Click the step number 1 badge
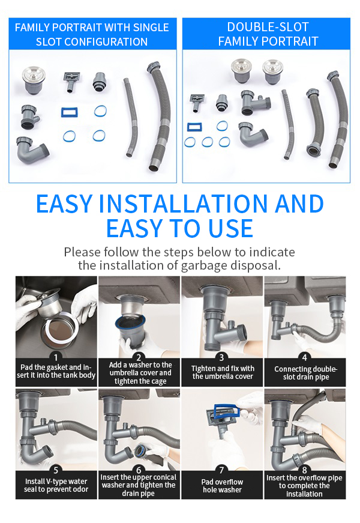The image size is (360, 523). tap(56, 357)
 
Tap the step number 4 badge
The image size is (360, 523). tap(304, 357)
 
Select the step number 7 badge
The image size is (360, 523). tap(221, 470)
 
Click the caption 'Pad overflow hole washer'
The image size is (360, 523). tap(222, 486)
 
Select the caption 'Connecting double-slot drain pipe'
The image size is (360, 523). tap(305, 373)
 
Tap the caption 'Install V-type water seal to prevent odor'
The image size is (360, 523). tap(56, 485)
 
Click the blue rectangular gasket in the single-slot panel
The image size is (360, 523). tap(70, 112)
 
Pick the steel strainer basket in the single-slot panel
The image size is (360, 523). tap(34, 79)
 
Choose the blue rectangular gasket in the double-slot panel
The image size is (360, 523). tap(194, 127)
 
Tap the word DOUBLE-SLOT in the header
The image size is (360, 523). tap(268, 27)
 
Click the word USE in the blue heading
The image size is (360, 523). tap(230, 229)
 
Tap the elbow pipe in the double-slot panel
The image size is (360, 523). tap(253, 134)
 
